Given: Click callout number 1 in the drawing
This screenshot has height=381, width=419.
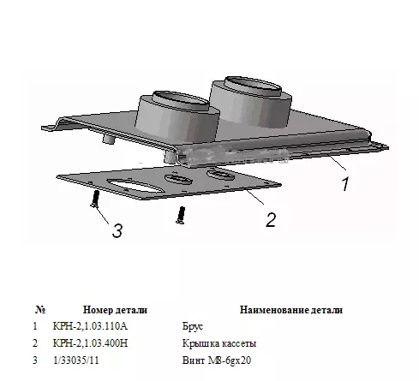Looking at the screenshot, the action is click(x=345, y=184).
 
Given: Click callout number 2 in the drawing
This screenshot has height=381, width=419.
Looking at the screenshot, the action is click(x=271, y=220).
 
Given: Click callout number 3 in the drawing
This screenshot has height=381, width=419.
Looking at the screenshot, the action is click(x=117, y=230).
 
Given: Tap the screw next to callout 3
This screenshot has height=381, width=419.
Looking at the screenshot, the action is click(x=95, y=199).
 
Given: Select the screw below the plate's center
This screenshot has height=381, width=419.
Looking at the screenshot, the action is click(x=181, y=215).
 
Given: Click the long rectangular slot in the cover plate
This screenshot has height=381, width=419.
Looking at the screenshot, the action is click(x=135, y=186).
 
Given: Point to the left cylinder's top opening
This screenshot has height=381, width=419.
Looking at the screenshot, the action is click(x=182, y=98).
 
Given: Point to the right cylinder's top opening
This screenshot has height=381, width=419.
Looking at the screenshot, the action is click(x=253, y=85).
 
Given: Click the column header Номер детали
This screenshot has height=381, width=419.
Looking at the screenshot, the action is click(x=115, y=310).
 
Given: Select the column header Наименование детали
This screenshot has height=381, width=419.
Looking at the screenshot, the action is click(x=291, y=310).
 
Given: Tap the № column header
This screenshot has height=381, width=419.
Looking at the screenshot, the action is click(x=40, y=310).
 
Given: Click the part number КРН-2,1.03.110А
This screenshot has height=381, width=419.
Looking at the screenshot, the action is click(x=90, y=326).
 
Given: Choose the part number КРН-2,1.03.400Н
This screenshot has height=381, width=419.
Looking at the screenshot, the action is click(x=90, y=343).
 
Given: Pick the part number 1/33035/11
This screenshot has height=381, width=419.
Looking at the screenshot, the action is click(x=76, y=360).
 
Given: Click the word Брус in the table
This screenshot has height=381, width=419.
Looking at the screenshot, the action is click(x=193, y=326).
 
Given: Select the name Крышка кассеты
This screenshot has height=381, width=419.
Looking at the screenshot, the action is click(x=219, y=343).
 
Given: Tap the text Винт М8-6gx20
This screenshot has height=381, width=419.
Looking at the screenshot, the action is click(x=217, y=360).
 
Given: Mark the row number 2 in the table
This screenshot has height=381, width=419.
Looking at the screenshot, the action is click(x=35, y=343).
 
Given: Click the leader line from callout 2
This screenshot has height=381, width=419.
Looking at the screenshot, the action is click(x=254, y=197).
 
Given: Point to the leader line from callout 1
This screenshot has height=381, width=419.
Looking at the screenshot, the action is click(x=338, y=163).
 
